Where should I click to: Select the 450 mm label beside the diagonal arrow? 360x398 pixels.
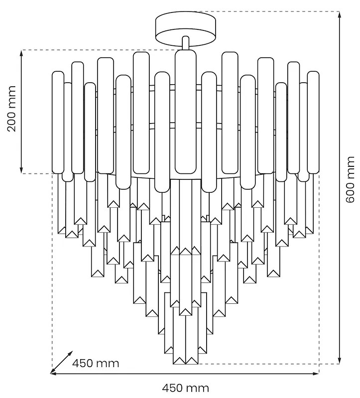pyautogui.click(x=96, y=363)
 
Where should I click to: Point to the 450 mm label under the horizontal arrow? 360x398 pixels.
pyautogui.click(x=186, y=388)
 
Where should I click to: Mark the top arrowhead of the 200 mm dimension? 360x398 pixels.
pyautogui.click(x=22, y=53)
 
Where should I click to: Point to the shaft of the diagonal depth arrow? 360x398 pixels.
pyautogui.click(x=61, y=362)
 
